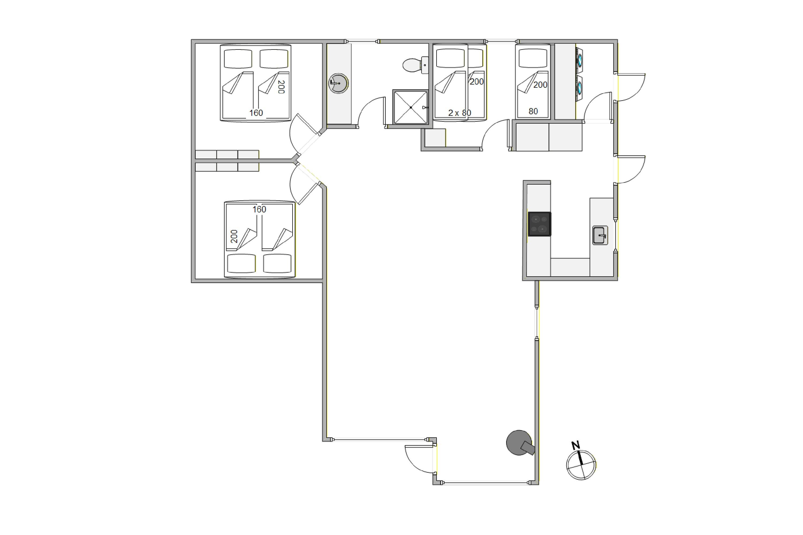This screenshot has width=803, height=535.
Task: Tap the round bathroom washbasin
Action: click(338, 83)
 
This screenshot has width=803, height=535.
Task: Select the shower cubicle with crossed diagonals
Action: click(411, 107)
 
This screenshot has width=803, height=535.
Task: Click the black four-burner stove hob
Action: click(539, 224)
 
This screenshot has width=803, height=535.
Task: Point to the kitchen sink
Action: click(600, 235)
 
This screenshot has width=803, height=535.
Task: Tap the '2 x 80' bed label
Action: click(460, 113)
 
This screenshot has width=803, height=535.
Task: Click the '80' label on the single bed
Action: click(533, 111)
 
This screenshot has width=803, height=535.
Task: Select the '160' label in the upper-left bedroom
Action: click(256, 113)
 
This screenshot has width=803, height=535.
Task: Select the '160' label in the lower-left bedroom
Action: click(259, 209)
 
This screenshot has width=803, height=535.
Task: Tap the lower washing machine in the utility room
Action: click(579, 88)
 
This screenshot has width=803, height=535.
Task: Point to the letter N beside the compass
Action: click(576, 445)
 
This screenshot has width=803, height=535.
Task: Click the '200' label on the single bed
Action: click(540, 85)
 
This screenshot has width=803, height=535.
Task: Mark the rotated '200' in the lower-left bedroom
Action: click(234, 236)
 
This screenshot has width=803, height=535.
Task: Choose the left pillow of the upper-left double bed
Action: click(238, 59)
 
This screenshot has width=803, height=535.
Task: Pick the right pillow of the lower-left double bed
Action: click(277, 263)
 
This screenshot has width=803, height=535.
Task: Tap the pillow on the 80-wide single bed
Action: click(533, 58)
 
